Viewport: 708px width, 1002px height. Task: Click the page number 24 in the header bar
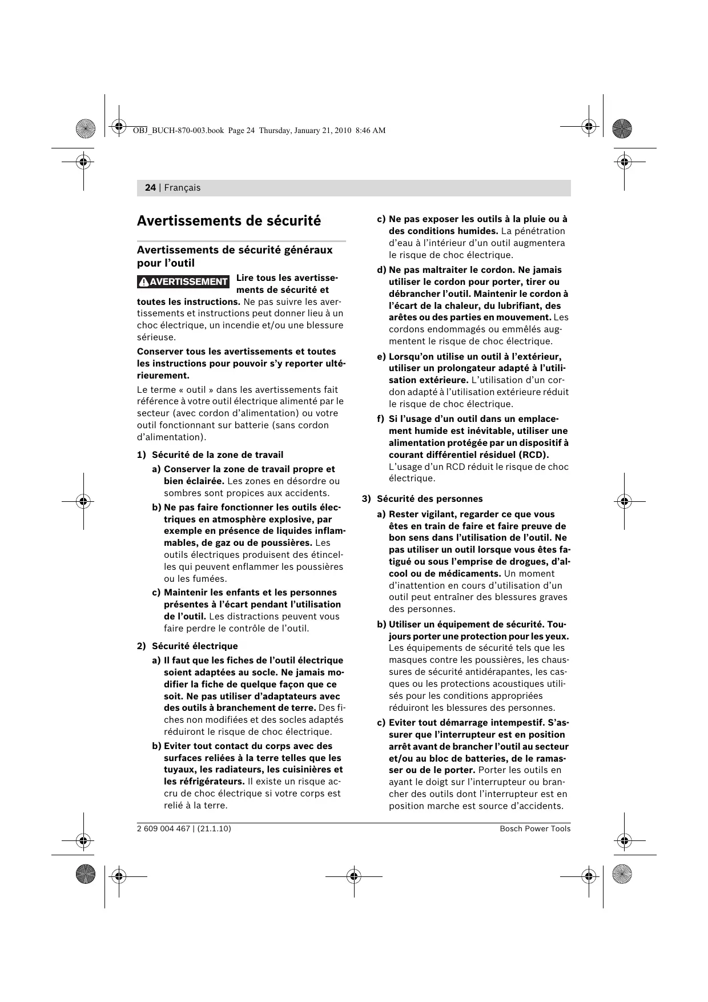click(x=150, y=188)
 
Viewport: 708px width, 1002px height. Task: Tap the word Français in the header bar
click(x=182, y=188)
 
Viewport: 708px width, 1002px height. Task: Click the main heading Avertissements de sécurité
click(x=228, y=221)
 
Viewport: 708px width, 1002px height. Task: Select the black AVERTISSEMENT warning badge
click(x=183, y=281)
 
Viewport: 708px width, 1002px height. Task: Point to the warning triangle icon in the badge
click(x=144, y=281)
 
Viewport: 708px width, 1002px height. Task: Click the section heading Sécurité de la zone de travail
click(x=217, y=455)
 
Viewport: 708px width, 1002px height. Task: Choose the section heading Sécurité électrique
click(x=194, y=646)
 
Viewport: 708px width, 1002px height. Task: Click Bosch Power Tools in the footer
click(x=535, y=829)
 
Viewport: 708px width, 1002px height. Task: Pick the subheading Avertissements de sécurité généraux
click(x=234, y=250)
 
